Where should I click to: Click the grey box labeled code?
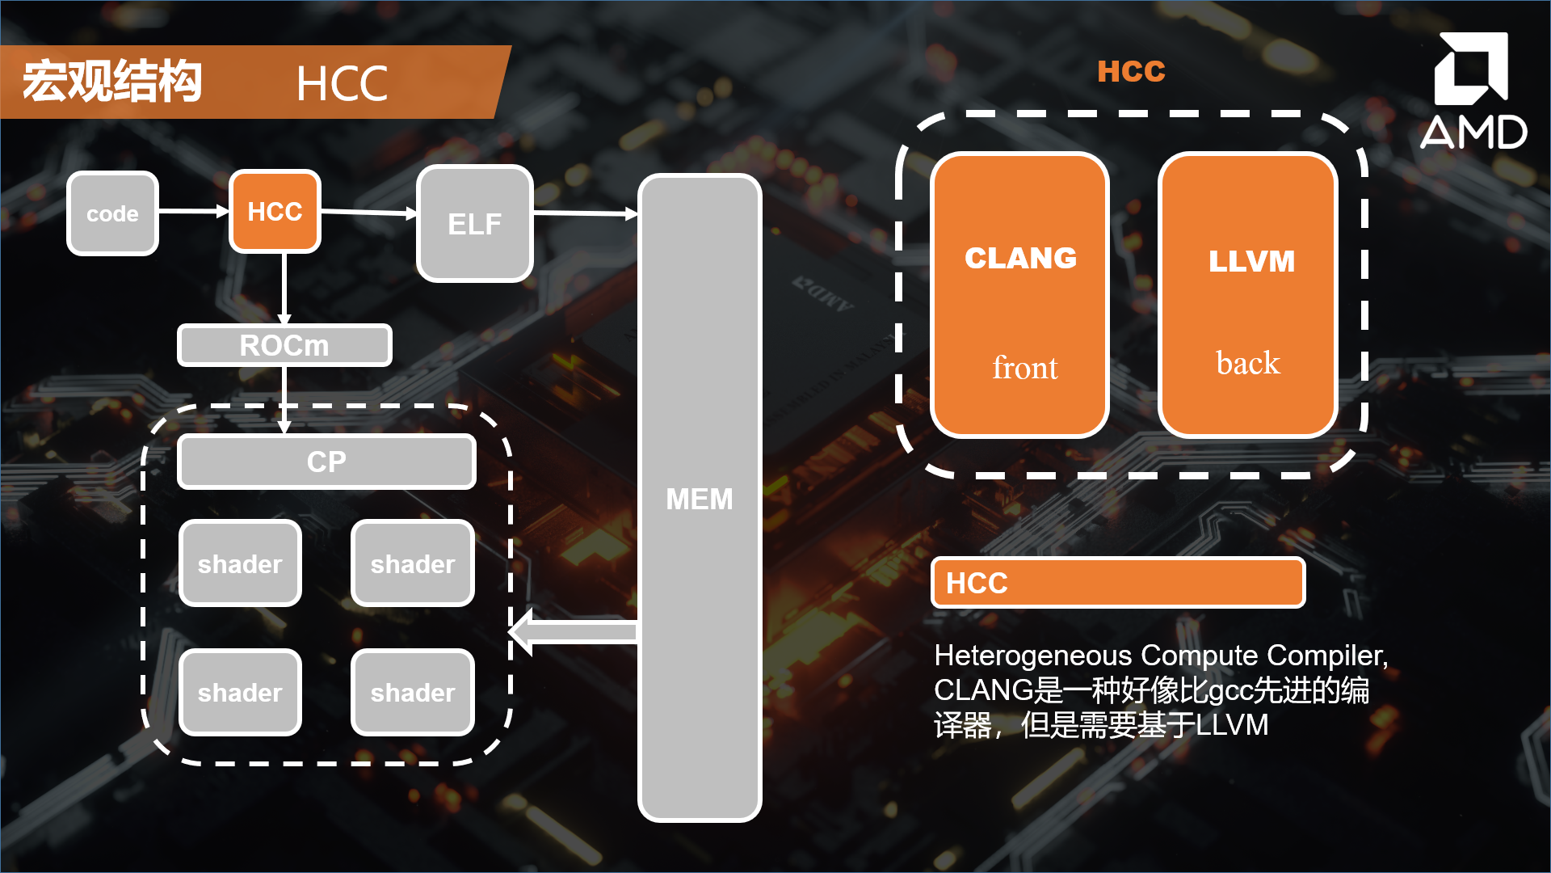(x=112, y=213)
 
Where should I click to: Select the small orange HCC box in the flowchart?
(x=275, y=211)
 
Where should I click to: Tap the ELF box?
(x=474, y=223)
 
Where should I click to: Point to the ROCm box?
(x=284, y=345)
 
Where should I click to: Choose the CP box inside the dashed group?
(x=326, y=462)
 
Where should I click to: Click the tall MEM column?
(x=700, y=498)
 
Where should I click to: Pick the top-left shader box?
(x=240, y=563)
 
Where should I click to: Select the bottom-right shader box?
(x=413, y=692)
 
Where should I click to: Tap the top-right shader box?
(x=413, y=563)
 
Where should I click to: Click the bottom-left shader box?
(x=240, y=692)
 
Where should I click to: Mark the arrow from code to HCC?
(x=194, y=211)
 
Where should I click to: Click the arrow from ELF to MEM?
(x=586, y=213)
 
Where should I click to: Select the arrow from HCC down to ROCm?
(x=284, y=289)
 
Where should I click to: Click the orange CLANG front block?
(x=1019, y=295)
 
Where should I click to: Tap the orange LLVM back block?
(x=1248, y=295)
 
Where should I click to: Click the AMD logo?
(x=1473, y=91)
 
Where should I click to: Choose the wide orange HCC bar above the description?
(x=1118, y=582)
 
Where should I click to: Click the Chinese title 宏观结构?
(x=111, y=82)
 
